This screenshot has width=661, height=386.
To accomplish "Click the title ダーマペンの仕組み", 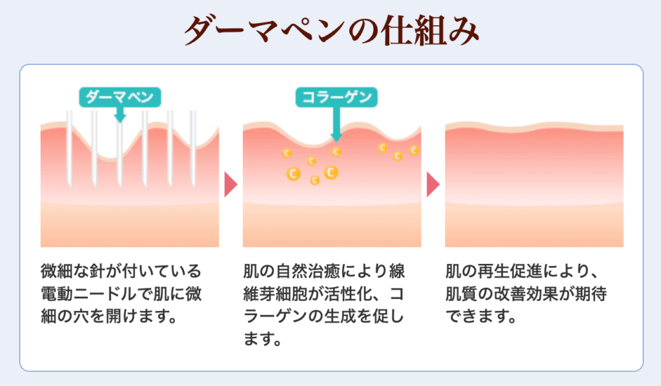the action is click(331, 30).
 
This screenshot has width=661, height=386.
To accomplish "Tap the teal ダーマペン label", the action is click(119, 97).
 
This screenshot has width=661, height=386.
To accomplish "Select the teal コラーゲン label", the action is click(336, 97).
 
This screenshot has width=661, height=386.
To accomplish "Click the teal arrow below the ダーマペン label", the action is click(120, 115).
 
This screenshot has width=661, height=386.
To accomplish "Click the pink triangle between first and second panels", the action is click(230, 184).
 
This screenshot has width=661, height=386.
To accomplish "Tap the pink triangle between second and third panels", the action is click(432, 184).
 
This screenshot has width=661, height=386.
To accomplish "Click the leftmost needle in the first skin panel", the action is click(70, 148).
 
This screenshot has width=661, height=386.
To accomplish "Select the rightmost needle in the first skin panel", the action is click(194, 148).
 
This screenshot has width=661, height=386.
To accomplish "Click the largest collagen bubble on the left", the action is click(293, 173).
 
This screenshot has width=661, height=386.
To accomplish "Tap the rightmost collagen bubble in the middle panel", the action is click(414, 150).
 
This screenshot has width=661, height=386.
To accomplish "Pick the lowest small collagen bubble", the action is click(314, 180).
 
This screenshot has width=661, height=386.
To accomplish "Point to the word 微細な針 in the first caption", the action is click(73, 271).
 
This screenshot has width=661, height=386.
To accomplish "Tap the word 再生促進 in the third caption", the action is click(510, 271).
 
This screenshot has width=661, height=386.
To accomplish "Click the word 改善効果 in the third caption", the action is click(527, 294).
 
